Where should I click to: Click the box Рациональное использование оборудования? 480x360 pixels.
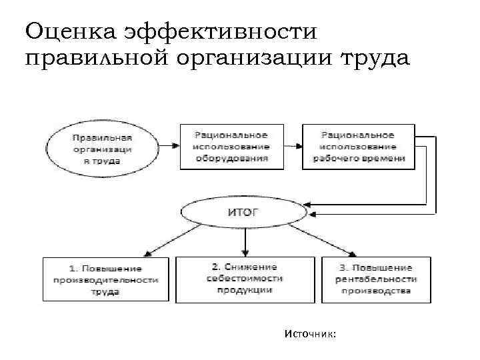(231, 147)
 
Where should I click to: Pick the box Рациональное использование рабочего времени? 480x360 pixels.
(357, 147)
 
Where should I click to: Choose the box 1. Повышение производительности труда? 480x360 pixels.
(105, 279)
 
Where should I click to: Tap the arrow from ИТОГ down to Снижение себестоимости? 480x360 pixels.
(246, 241)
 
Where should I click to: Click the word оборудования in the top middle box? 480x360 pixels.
(231, 159)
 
